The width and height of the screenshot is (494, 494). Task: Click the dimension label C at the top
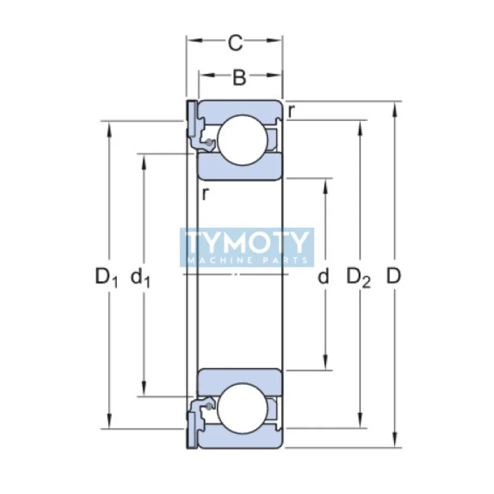[x=235, y=43]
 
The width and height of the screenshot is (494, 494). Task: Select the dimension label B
[x=239, y=77]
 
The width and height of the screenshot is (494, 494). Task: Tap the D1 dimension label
[x=106, y=277]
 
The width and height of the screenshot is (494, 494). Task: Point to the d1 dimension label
[x=140, y=277]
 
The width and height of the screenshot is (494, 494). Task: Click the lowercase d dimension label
[x=323, y=276]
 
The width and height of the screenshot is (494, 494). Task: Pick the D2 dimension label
[x=359, y=277]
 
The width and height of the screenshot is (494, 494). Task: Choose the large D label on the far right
[x=394, y=276]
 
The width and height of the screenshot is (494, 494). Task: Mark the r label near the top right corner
[x=291, y=111]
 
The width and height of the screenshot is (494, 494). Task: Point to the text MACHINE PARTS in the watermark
[x=247, y=260]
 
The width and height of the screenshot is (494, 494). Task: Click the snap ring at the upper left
[x=191, y=120]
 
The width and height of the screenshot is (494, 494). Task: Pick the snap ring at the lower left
[x=191, y=429]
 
